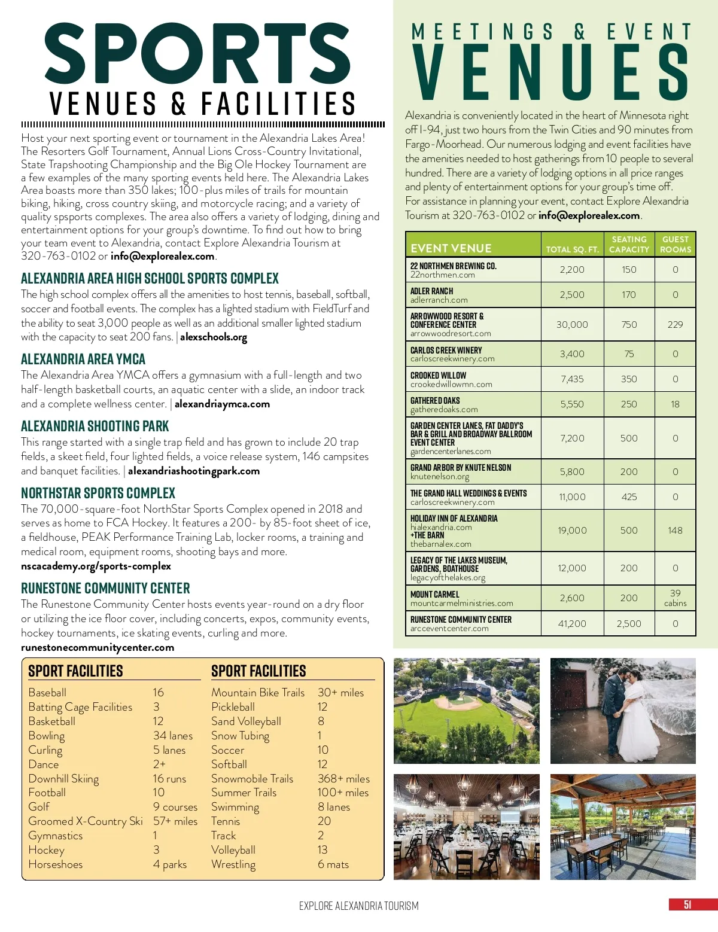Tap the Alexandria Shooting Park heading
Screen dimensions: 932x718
[95, 426]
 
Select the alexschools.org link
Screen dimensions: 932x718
[214, 337]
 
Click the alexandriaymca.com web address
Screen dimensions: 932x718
[222, 404]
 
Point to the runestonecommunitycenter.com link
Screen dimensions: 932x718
[98, 647]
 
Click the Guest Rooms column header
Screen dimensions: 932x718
[675, 244]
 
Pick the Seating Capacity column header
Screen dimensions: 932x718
[629, 244]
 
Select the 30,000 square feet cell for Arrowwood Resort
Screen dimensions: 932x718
[572, 324]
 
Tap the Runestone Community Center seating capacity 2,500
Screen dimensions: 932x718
[629, 623]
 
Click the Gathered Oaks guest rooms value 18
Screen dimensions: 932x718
[675, 404]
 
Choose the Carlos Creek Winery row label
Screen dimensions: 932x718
[446, 351]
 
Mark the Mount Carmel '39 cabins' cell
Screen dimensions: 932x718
[675, 598]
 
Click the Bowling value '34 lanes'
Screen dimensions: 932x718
[173, 735]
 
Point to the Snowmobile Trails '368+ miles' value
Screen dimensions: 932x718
[343, 778]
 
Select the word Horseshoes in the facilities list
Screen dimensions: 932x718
[56, 864]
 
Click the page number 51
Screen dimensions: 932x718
[687, 904]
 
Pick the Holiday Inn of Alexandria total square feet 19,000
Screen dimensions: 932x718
[572, 530]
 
